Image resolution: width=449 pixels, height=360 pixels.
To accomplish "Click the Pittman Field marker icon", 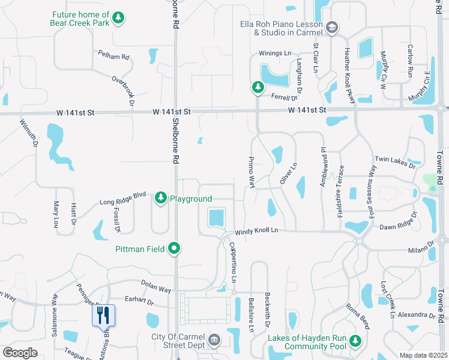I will (175, 248).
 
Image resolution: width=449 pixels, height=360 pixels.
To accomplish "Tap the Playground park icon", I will (161, 197).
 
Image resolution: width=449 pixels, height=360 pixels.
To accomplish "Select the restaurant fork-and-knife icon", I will (103, 314).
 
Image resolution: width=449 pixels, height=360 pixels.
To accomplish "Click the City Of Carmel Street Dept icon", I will (213, 341).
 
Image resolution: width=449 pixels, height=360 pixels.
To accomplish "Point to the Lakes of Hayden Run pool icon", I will (356, 341).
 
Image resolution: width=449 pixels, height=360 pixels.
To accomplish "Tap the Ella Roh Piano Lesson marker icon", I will (333, 27).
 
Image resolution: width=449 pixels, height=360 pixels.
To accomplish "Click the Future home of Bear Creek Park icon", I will (119, 17).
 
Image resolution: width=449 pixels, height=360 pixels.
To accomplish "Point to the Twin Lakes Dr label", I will (394, 160).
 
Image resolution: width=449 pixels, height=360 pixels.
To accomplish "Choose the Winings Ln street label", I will (274, 53).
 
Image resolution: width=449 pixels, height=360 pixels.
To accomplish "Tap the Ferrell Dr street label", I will (285, 97).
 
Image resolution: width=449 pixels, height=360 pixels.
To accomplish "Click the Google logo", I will (20, 353).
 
